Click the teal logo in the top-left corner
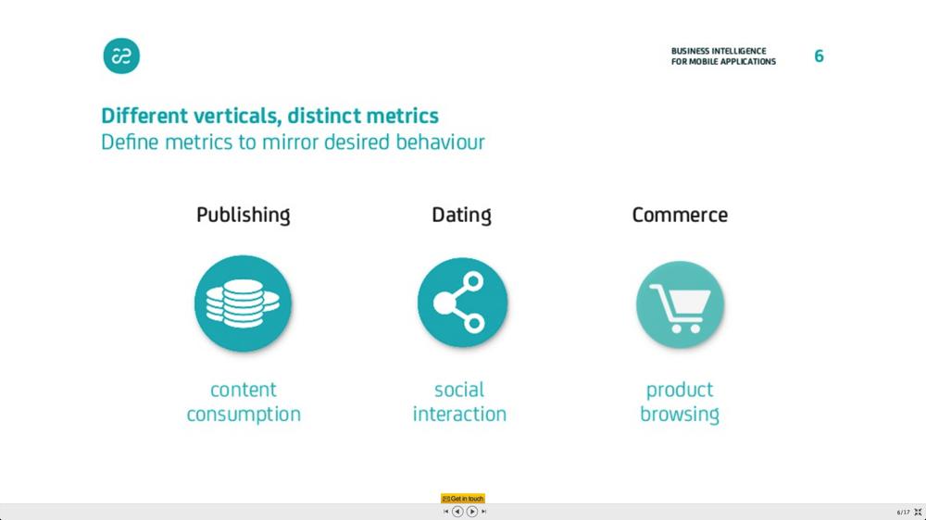[x=121, y=56]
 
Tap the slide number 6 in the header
[x=820, y=56]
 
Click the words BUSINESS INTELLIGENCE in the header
[x=719, y=51]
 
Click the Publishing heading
[x=244, y=216]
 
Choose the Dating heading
[x=462, y=216]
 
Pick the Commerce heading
[x=680, y=215]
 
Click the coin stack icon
[x=244, y=303]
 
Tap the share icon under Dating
[x=462, y=303]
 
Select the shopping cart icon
[x=681, y=304]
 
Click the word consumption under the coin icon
[x=244, y=415]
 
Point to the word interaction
[x=459, y=414]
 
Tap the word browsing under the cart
[x=680, y=415]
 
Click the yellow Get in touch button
[x=463, y=499]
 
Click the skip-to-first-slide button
[x=446, y=512]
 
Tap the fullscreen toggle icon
[x=918, y=512]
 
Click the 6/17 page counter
[x=904, y=513]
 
